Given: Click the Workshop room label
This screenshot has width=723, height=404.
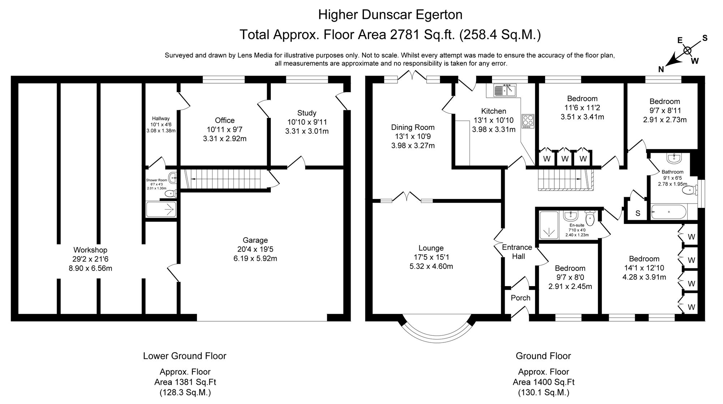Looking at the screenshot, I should pyautogui.click(x=90, y=250).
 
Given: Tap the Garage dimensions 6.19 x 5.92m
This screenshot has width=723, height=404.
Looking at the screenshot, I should pyautogui.click(x=255, y=259).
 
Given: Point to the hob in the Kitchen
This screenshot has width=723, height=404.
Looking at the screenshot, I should pyautogui.click(x=527, y=121).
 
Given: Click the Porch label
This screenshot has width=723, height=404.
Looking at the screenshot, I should pyautogui.click(x=520, y=298).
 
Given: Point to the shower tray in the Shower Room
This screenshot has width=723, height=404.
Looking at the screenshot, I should pyautogui.click(x=161, y=209).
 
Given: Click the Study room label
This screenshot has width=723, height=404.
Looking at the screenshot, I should pyautogui.click(x=307, y=113).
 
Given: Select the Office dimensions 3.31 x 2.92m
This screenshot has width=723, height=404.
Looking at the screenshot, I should pyautogui.click(x=224, y=139).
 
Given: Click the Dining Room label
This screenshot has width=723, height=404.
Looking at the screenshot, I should pyautogui.click(x=412, y=127).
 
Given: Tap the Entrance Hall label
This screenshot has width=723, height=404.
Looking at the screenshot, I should pyautogui.click(x=517, y=252).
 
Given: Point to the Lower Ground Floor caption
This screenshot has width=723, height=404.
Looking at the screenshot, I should pyautogui.click(x=184, y=356).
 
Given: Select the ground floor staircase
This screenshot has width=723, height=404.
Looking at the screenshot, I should pyautogui.click(x=564, y=180).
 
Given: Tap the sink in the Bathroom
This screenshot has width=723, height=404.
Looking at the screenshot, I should pyautogui.click(x=674, y=158).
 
